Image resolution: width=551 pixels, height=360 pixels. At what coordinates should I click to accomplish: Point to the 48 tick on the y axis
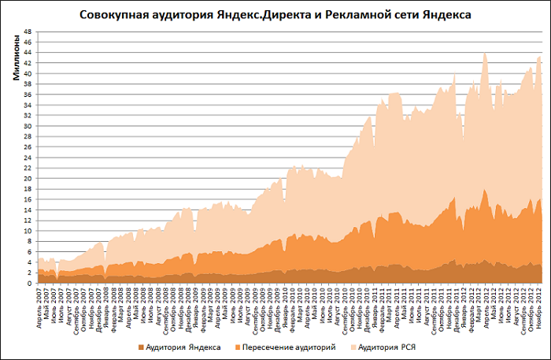[28, 32]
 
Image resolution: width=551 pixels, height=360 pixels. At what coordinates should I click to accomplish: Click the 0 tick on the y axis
[30, 284]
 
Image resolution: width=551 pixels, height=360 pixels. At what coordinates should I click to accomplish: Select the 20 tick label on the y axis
[28, 179]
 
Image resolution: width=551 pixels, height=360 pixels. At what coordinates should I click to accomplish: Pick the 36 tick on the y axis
[28, 95]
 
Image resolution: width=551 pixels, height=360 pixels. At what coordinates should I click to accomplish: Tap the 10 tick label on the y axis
[28, 232]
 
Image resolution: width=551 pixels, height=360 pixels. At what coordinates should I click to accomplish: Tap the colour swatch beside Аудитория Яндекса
[141, 347]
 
